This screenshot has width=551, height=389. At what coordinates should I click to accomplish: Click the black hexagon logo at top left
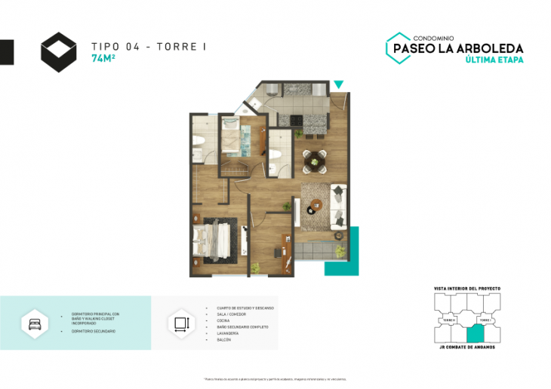coord(59,52)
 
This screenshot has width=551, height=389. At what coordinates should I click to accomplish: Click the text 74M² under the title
coord(103,58)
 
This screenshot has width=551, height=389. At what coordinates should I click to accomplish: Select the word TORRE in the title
coord(177,47)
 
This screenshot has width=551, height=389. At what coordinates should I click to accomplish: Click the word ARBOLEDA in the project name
coord(491,48)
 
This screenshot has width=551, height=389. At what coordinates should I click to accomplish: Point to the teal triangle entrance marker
coord(339,84)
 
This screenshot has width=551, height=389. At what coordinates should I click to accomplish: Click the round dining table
coord(314,160)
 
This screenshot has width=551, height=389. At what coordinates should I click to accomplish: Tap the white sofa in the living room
coord(337,206)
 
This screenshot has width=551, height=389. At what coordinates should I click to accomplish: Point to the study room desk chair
coord(277,253)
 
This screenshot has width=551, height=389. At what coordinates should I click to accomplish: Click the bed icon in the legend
coord(35,322)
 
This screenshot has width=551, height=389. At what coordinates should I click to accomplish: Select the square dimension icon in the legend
coord(180,323)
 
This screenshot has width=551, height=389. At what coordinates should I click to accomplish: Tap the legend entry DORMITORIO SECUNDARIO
coord(89,331)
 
